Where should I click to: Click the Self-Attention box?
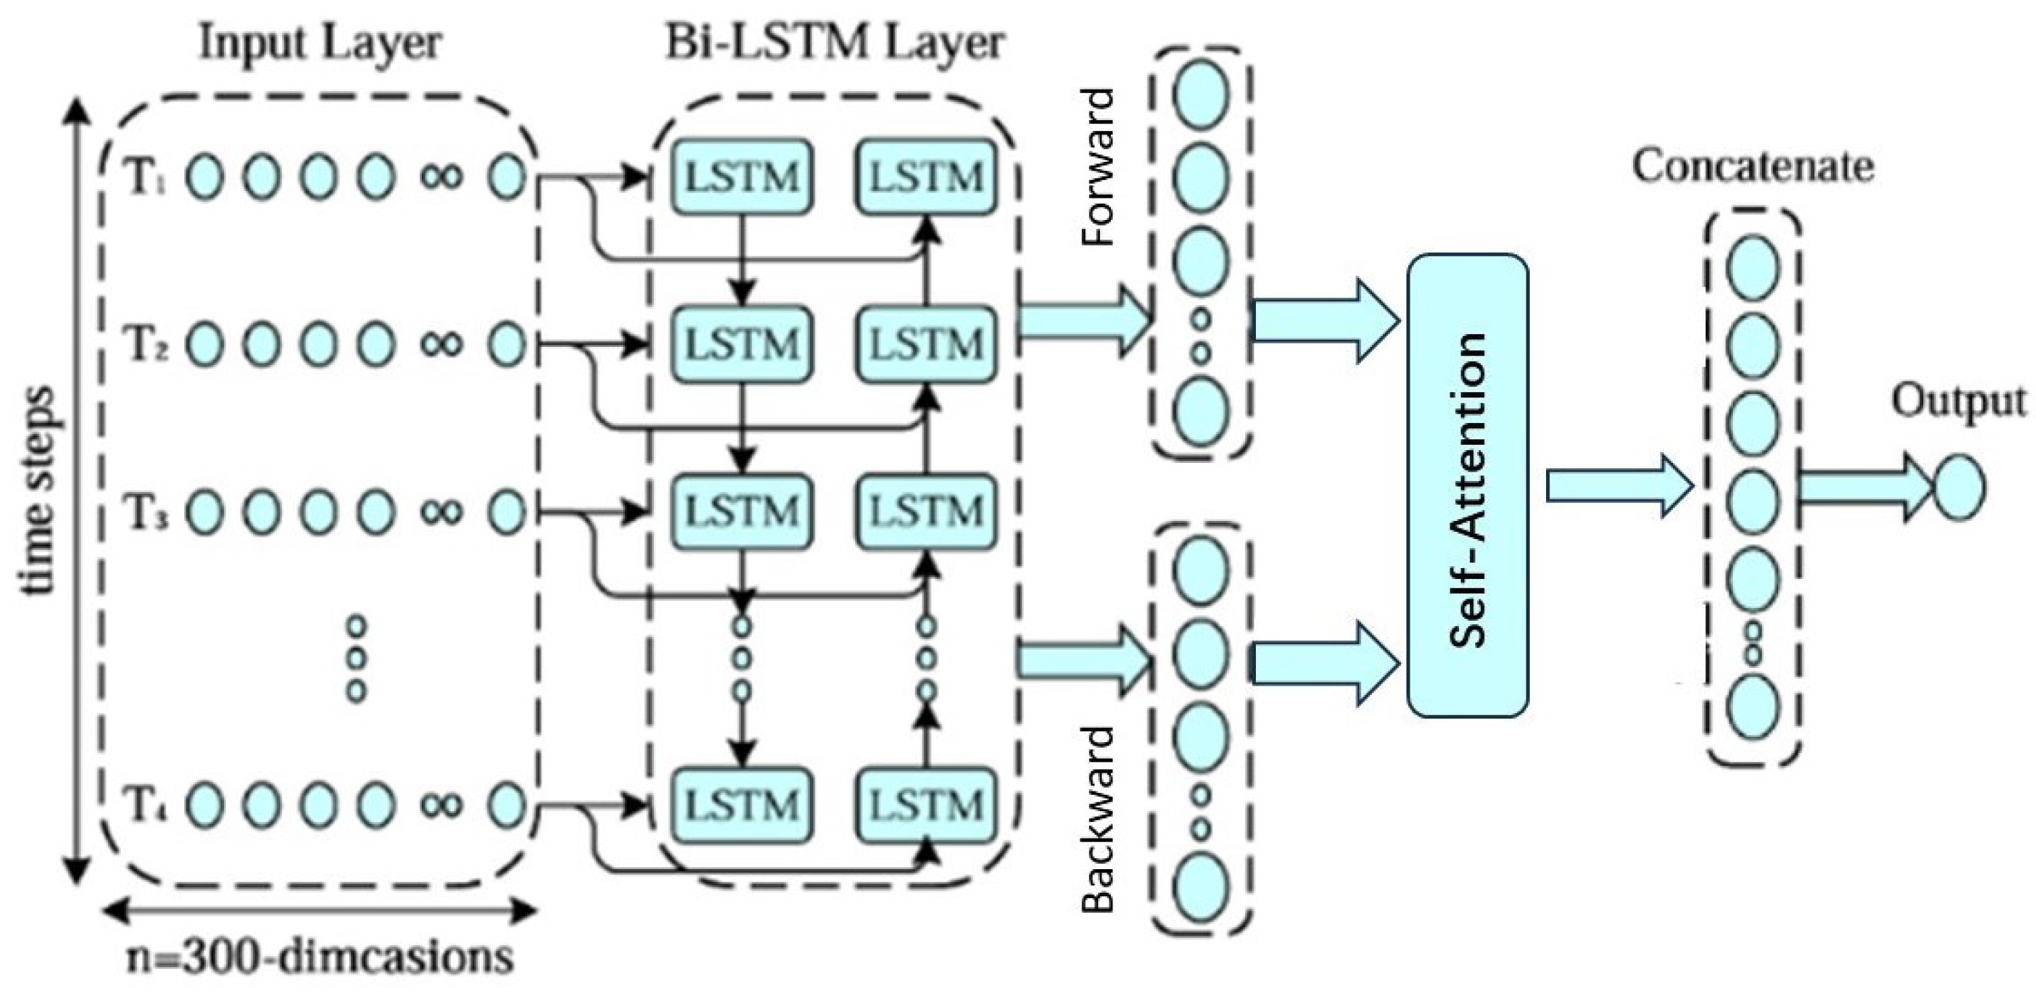[x=1467, y=485]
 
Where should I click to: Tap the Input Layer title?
[x=319, y=43]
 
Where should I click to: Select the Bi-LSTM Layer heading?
[x=835, y=43]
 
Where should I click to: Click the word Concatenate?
[x=1753, y=167]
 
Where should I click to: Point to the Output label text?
[x=1958, y=401]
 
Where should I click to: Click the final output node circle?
[x=1959, y=488]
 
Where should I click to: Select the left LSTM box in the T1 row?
[x=742, y=177]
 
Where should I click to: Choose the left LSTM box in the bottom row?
[x=742, y=806]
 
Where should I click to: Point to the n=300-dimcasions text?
[x=319, y=958]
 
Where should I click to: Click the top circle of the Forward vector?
[x=1201, y=94]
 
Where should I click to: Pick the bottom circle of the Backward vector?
[x=1201, y=888]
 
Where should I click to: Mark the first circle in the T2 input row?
[x=204, y=345]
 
